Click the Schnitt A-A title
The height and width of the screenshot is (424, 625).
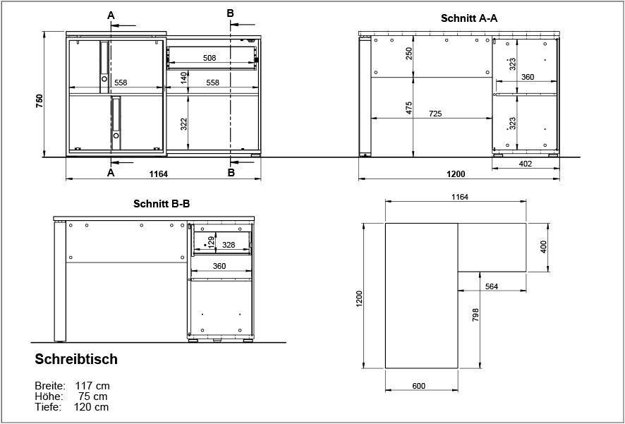tap(469, 19)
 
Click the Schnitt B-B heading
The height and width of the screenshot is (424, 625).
tap(162, 204)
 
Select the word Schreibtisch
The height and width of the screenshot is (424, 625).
tap(76, 360)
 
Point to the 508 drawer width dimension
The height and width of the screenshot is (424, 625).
tap(209, 58)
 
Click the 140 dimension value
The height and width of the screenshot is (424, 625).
tap(183, 78)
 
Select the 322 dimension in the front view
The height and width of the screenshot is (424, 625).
tap(183, 124)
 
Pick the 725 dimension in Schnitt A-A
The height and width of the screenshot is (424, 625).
tap(435, 114)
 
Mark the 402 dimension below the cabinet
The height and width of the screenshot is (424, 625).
tap(525, 164)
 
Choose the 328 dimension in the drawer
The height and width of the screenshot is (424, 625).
tap(229, 245)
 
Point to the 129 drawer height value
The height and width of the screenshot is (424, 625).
tap(211, 242)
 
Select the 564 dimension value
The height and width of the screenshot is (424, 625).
tap(492, 286)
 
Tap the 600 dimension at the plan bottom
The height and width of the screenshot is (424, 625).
tap(418, 385)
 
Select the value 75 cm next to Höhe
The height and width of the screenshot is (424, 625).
tap(95, 396)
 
